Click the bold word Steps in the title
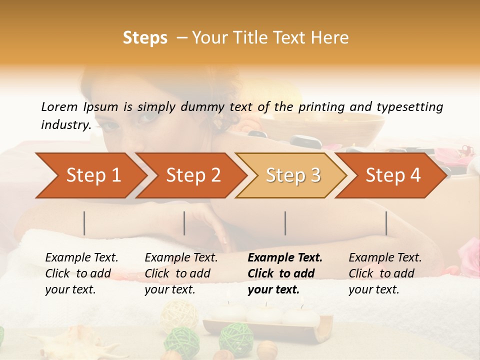(145, 38)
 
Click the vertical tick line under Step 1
(84, 223)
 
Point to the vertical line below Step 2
(184, 223)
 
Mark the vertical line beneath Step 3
(285, 223)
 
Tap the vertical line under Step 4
(386, 223)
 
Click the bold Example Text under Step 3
(285, 273)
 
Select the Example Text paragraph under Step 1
(81, 273)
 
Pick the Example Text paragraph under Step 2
(181, 273)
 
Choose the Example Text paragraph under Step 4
(385, 273)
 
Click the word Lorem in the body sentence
(59, 107)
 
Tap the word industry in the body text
(65, 125)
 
